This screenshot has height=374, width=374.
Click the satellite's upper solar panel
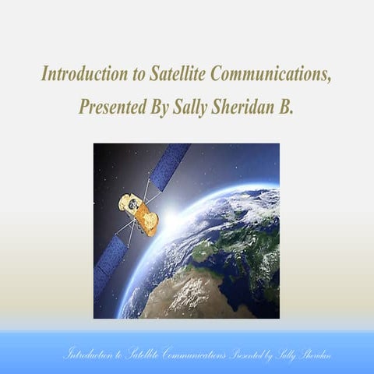(x=169, y=165)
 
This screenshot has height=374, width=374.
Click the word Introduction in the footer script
(x=89, y=355)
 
